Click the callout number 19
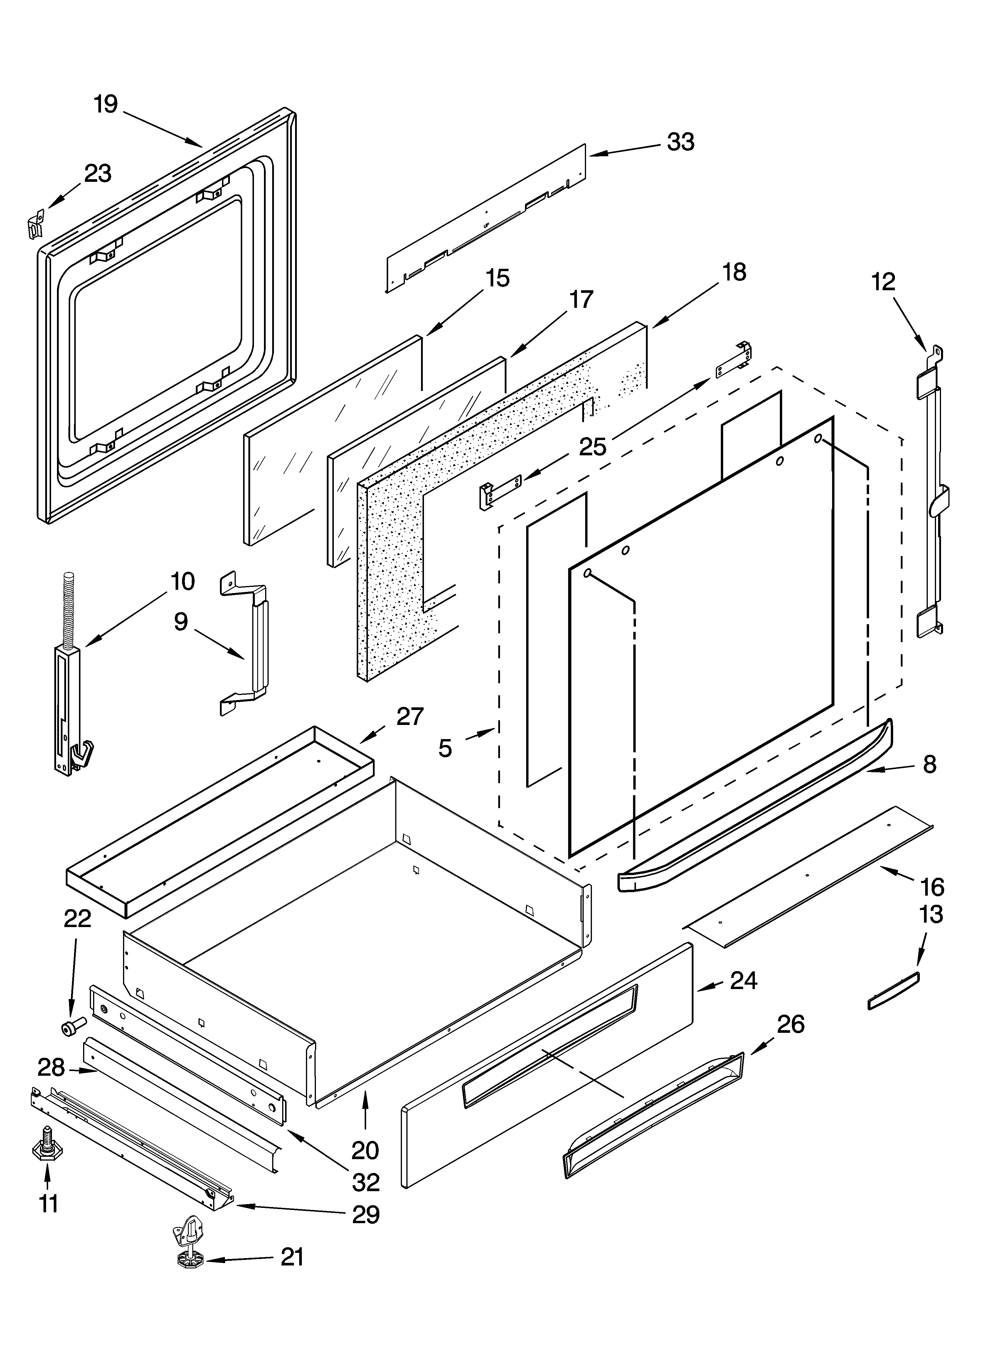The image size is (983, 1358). [106, 105]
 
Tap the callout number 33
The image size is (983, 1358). [681, 142]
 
